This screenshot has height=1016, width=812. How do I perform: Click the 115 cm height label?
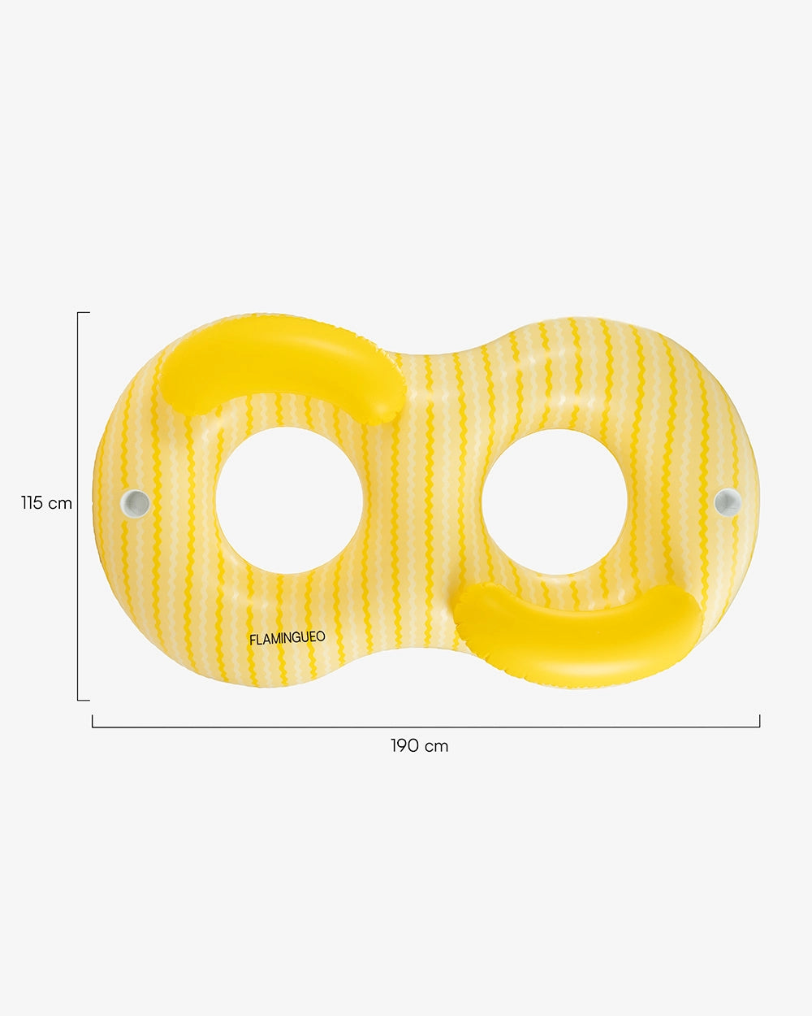click(x=46, y=503)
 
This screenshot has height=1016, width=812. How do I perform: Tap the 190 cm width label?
click(x=419, y=745)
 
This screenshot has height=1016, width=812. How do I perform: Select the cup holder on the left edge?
click(x=136, y=502)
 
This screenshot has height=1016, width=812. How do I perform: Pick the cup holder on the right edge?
click(x=727, y=501)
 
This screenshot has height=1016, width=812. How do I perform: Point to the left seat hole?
click(x=288, y=500)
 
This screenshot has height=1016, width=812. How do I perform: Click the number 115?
click(x=32, y=503)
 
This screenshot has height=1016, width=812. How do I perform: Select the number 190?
click(x=404, y=745)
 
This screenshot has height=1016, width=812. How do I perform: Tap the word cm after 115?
click(x=60, y=503)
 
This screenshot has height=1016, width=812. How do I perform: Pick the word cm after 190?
click(x=435, y=745)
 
